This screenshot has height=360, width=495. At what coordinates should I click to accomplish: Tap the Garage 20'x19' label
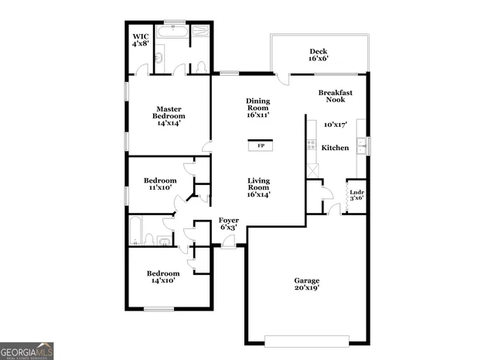coord(306,284)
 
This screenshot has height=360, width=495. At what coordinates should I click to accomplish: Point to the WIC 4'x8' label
coord(140,40)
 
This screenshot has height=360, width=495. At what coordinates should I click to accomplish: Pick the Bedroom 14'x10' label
coord(163,276)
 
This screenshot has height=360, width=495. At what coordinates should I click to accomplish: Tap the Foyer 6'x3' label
coord(228,224)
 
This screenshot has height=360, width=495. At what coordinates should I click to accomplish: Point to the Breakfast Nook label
coord(336,96)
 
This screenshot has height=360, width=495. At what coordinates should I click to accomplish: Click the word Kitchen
coord(335,148)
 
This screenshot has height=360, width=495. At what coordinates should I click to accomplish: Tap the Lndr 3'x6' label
coord(357,195)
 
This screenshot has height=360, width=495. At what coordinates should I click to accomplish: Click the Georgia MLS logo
coord(27,351)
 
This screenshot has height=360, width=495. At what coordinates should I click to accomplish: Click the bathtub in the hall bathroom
coord(136,231)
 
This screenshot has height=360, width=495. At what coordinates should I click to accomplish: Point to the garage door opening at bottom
coord(307,340)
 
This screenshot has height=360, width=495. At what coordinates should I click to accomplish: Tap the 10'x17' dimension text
coord(335,124)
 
